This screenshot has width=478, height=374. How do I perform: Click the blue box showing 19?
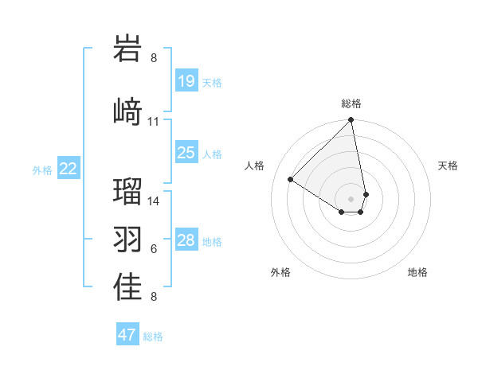(186, 81)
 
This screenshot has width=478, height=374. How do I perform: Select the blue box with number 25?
(186, 153)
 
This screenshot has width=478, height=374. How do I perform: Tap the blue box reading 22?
(69, 169)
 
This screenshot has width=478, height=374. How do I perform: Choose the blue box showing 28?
(186, 240)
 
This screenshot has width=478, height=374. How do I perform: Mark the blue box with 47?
(127, 335)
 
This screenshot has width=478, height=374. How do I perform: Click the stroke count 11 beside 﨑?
(154, 122)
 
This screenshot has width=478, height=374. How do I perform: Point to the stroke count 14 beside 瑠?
(154, 201)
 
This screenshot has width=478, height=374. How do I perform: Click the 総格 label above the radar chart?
(351, 103)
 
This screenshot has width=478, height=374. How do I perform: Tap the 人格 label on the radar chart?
(255, 166)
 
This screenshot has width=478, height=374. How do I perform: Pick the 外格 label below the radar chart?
(280, 272)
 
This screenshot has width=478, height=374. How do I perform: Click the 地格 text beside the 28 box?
(213, 241)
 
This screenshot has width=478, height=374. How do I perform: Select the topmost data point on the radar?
(351, 121)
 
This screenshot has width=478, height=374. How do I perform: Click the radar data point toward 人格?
(291, 180)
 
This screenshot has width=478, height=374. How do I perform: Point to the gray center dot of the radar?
(351, 198)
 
